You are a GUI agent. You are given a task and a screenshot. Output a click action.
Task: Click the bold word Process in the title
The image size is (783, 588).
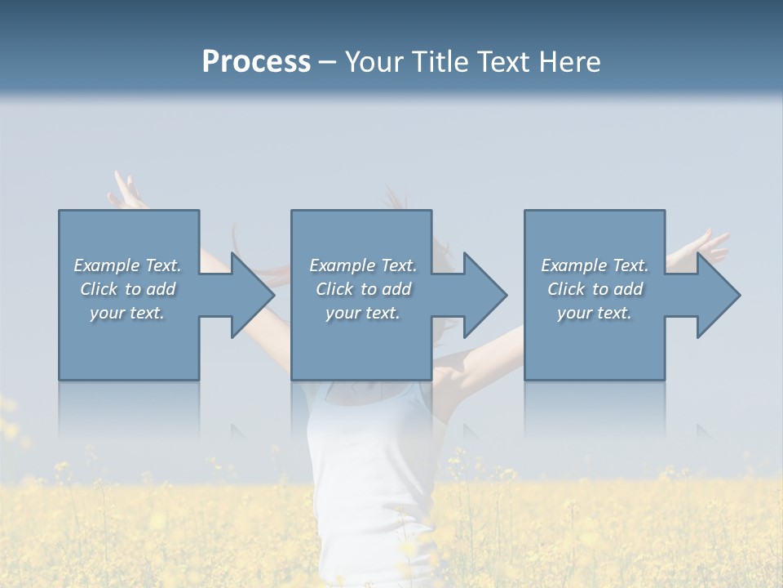click(x=256, y=62)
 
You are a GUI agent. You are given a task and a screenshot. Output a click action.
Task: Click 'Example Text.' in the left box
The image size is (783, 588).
click(x=127, y=265)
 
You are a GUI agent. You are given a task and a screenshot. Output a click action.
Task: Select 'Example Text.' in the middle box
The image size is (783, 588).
click(x=363, y=265)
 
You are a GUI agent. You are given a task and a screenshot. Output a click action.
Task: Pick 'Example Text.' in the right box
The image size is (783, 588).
click(x=595, y=265)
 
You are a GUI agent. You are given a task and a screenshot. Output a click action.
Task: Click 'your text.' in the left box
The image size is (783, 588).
click(x=127, y=313)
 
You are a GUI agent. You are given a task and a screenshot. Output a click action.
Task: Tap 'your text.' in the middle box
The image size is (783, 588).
click(x=363, y=313)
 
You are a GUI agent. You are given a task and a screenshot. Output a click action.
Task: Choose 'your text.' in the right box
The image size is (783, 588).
click(x=595, y=313)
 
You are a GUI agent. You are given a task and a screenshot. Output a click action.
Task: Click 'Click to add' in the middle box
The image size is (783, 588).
click(x=363, y=289)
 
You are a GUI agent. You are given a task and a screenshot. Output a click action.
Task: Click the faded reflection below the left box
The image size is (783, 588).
click(x=129, y=408)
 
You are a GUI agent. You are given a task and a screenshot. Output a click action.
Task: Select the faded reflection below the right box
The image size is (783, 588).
click(x=595, y=408)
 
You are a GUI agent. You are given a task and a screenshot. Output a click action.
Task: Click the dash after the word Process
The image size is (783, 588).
click(x=328, y=63)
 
